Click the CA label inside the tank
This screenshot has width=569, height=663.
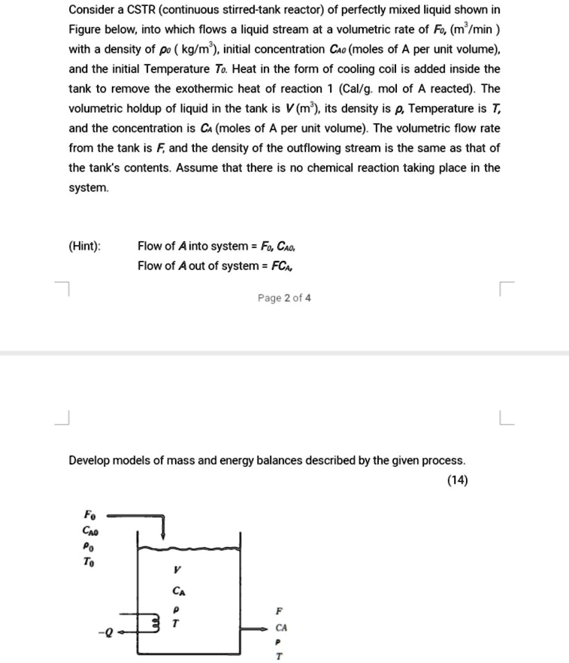[x=177, y=593]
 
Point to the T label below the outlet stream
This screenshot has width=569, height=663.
[x=280, y=656]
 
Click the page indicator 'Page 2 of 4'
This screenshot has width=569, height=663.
[x=283, y=298]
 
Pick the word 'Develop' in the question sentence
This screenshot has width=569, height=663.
[x=90, y=459]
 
